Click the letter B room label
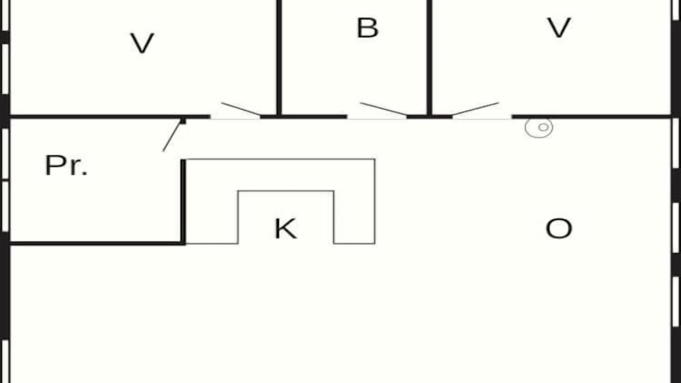[x=368, y=28]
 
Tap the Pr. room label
[x=67, y=165]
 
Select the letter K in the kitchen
[x=286, y=229]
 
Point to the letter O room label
[x=559, y=229]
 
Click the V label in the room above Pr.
[x=142, y=43]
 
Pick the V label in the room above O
[x=559, y=28]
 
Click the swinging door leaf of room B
[x=384, y=109]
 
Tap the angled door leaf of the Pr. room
[x=172, y=136]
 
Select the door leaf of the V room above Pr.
[x=241, y=109]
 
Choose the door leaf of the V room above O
[x=476, y=109]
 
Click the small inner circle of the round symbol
[x=543, y=127]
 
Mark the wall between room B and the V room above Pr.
[x=279, y=58]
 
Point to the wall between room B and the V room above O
[x=429, y=58]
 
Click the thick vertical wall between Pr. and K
[x=183, y=202]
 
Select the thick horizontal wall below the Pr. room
[x=97, y=244]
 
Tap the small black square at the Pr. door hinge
[x=183, y=121]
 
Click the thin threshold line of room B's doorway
[x=377, y=119]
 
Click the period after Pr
[x=85, y=174]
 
